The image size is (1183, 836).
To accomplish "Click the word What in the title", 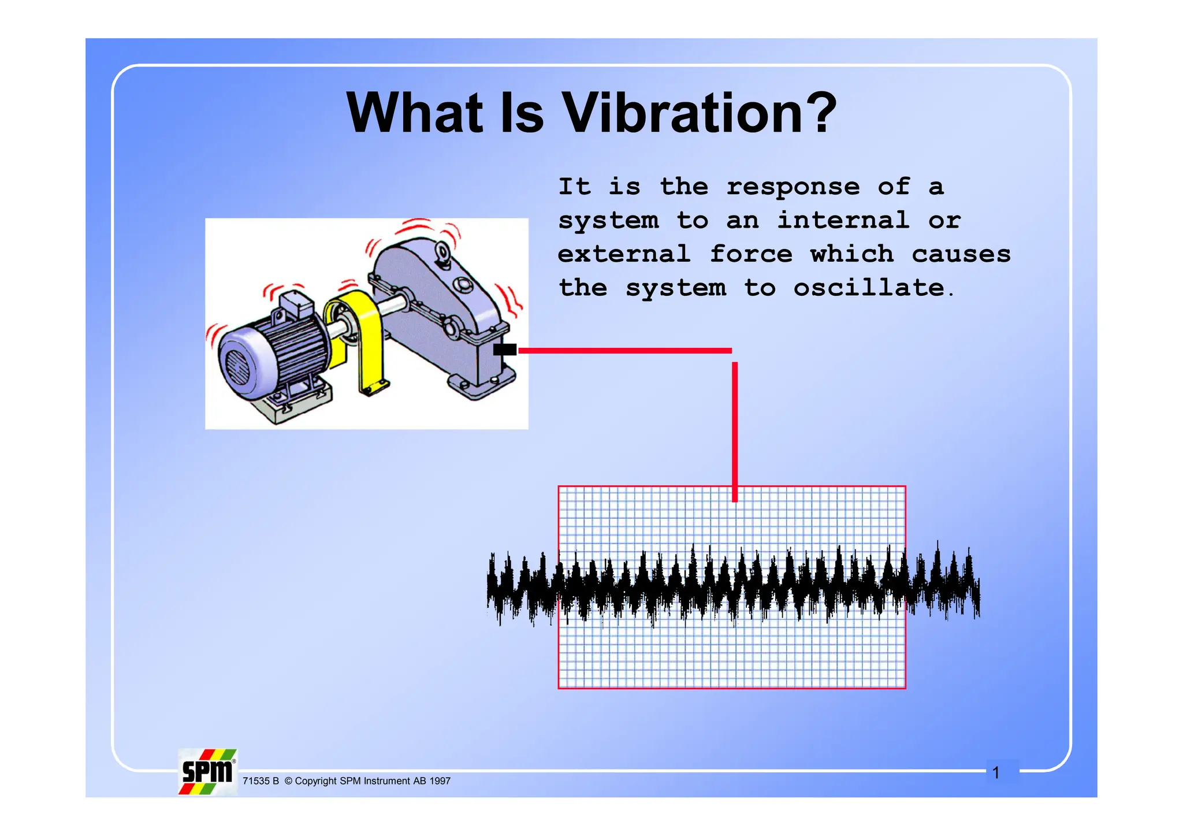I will click(x=415, y=113).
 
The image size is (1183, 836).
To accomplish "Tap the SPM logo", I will click(x=207, y=772).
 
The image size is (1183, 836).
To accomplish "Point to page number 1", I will click(x=996, y=772).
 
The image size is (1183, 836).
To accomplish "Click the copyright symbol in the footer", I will click(x=288, y=781).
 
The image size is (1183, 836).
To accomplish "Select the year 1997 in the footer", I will click(x=440, y=781).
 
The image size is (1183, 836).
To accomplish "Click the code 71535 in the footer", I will click(x=256, y=781).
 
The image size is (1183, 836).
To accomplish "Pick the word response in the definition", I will click(x=793, y=187).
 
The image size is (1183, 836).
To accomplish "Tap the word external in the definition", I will click(x=624, y=254).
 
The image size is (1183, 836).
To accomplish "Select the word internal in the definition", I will click(x=843, y=220).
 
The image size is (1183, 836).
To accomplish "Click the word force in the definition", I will click(x=751, y=254).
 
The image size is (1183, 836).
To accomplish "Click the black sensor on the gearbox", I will click(x=505, y=350).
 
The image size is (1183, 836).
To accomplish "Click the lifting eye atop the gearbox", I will click(x=444, y=253).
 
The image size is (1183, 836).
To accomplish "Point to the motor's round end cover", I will click(x=240, y=364).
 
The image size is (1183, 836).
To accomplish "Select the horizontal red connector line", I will click(x=624, y=351).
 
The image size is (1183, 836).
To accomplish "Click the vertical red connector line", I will click(x=735, y=430).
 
